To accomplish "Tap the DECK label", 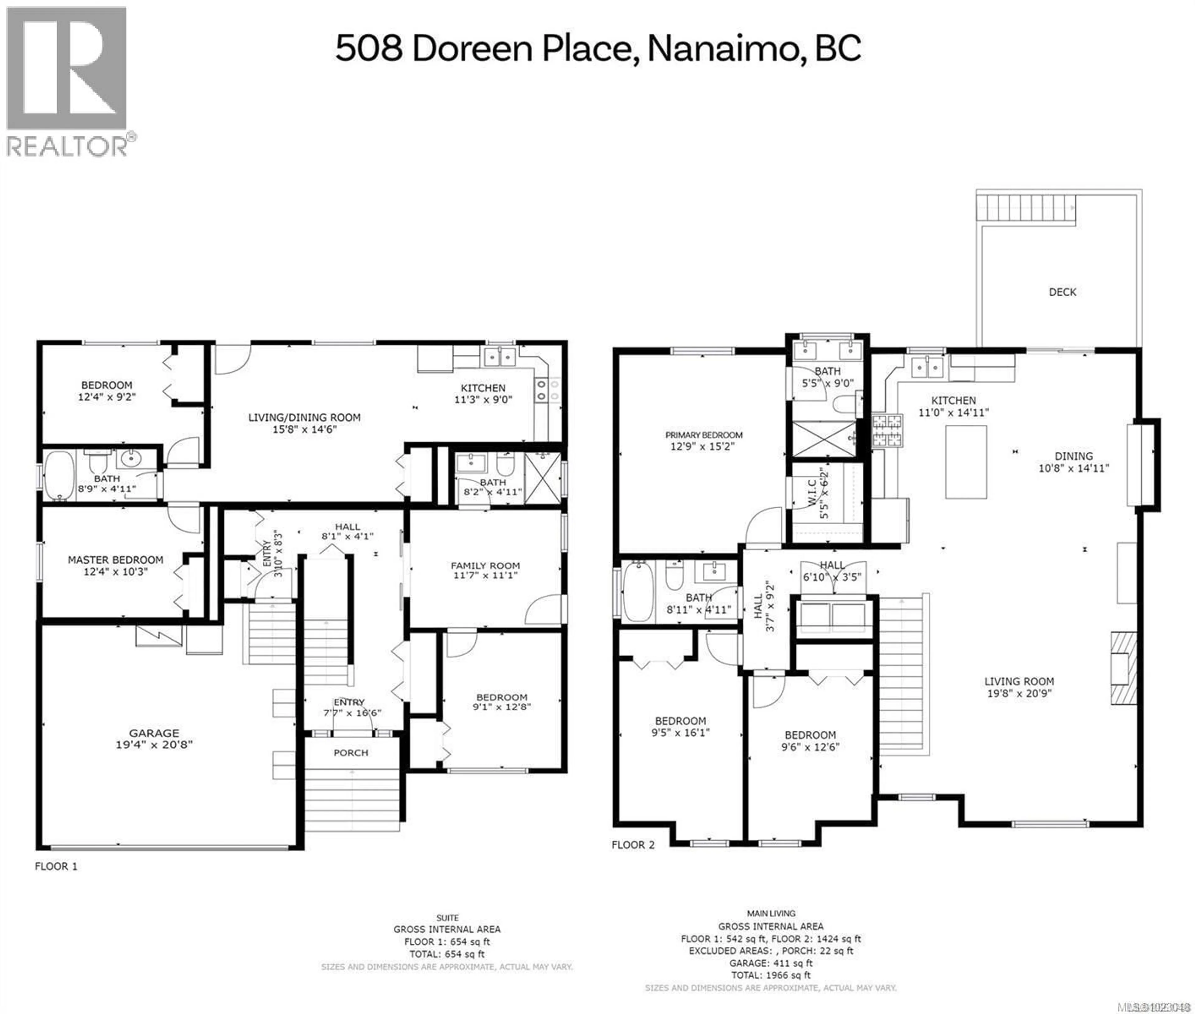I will point(1062,292).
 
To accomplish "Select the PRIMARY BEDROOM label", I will point(704,435).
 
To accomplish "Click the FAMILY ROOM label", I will point(485,566).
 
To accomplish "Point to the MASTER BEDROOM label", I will point(115,560).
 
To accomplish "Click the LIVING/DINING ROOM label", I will point(304,417).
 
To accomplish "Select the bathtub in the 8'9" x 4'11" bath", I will point(59,475).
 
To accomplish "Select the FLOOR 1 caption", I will point(56,866).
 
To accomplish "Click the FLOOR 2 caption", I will point(633,844).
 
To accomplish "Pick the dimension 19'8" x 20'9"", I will point(1019,693).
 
